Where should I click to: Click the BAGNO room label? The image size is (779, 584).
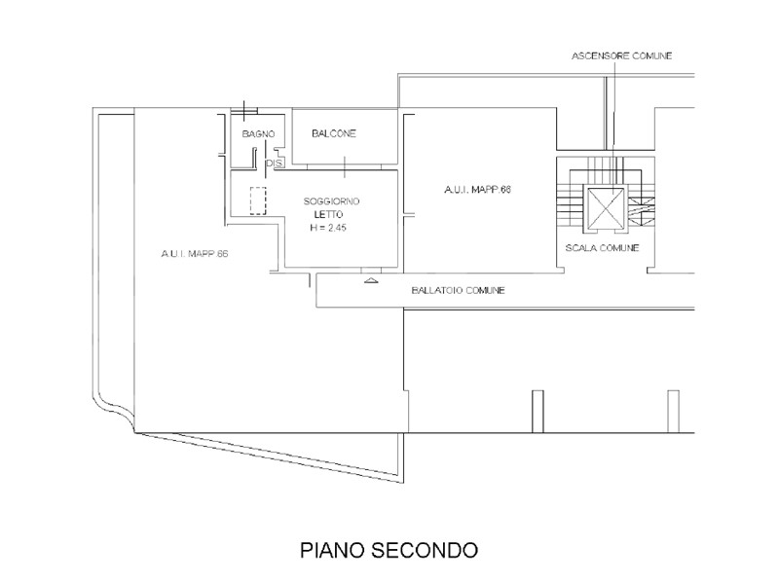(258, 133)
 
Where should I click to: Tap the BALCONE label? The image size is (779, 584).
(334, 133)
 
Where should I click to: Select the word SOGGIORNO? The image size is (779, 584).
(331, 201)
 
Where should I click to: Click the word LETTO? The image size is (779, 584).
(328, 214)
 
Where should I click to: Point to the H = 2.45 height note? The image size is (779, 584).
(328, 228)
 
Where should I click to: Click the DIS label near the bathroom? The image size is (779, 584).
(275, 163)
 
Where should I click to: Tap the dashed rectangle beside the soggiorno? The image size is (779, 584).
(258, 201)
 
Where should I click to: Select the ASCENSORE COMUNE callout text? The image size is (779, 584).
(621, 55)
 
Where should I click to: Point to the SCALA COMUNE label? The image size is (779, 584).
(602, 247)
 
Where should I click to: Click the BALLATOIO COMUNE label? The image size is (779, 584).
(458, 290)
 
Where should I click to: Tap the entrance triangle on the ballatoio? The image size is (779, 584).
(371, 280)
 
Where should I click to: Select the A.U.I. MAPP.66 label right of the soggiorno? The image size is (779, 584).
(477, 189)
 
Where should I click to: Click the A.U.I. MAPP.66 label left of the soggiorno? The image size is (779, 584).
(194, 253)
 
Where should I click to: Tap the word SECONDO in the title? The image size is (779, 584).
(425, 550)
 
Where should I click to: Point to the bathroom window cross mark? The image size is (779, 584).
(244, 110)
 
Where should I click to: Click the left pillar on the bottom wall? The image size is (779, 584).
(538, 412)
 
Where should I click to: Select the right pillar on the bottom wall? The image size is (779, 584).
(673, 412)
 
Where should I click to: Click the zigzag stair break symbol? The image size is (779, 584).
(642, 212)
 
